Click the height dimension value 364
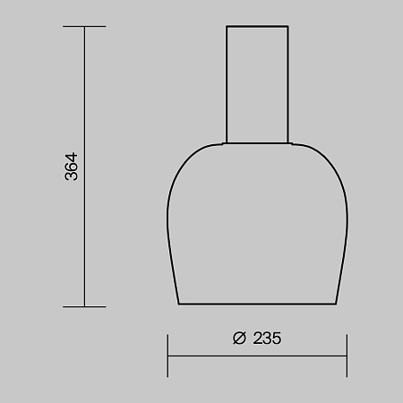click(73, 167)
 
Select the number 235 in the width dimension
click(265, 339)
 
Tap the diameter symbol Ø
click(239, 339)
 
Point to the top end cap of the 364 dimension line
click(84, 27)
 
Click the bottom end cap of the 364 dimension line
click(84, 306)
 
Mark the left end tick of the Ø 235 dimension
click(167, 356)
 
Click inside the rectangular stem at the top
click(257, 85)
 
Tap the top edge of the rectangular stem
click(257, 27)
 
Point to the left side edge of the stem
click(226, 85)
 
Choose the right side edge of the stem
click(289, 85)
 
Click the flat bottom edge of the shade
click(257, 304)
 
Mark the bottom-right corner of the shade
click(335, 304)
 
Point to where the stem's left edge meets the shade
click(226, 143)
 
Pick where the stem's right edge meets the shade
click(289, 143)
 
